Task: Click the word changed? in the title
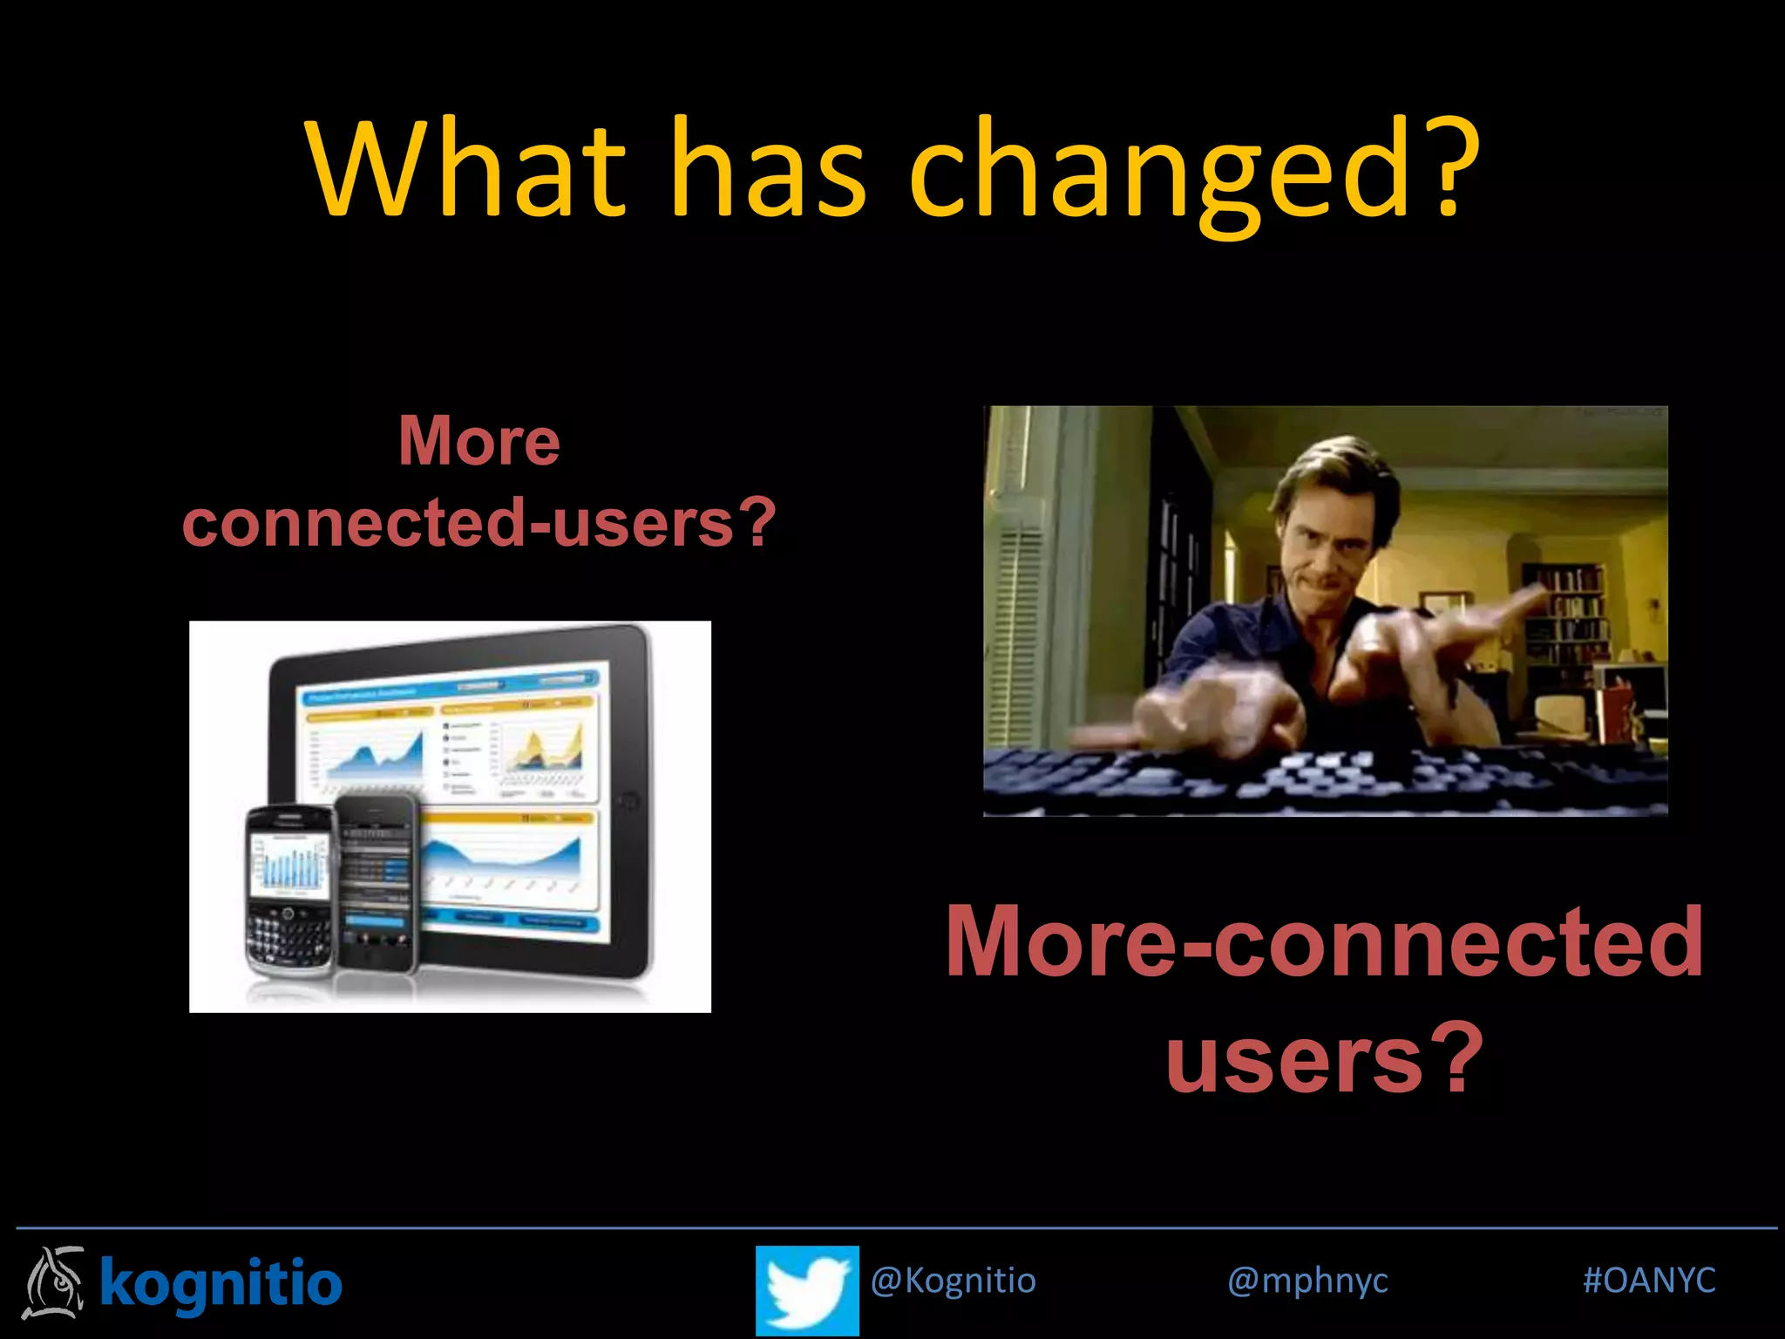pyautogui.click(x=1194, y=170)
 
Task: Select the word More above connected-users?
pyautogui.click(x=479, y=441)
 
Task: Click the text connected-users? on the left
pyautogui.click(x=479, y=522)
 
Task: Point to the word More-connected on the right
pyautogui.click(x=1325, y=941)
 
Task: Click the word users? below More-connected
pyautogui.click(x=1325, y=1059)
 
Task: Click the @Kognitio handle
pyautogui.click(x=954, y=1281)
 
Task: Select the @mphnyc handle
pyautogui.click(x=1307, y=1281)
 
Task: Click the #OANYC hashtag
pyautogui.click(x=1649, y=1281)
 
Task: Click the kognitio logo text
pyautogui.click(x=221, y=1283)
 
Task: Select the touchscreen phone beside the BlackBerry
pyautogui.click(x=377, y=880)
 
